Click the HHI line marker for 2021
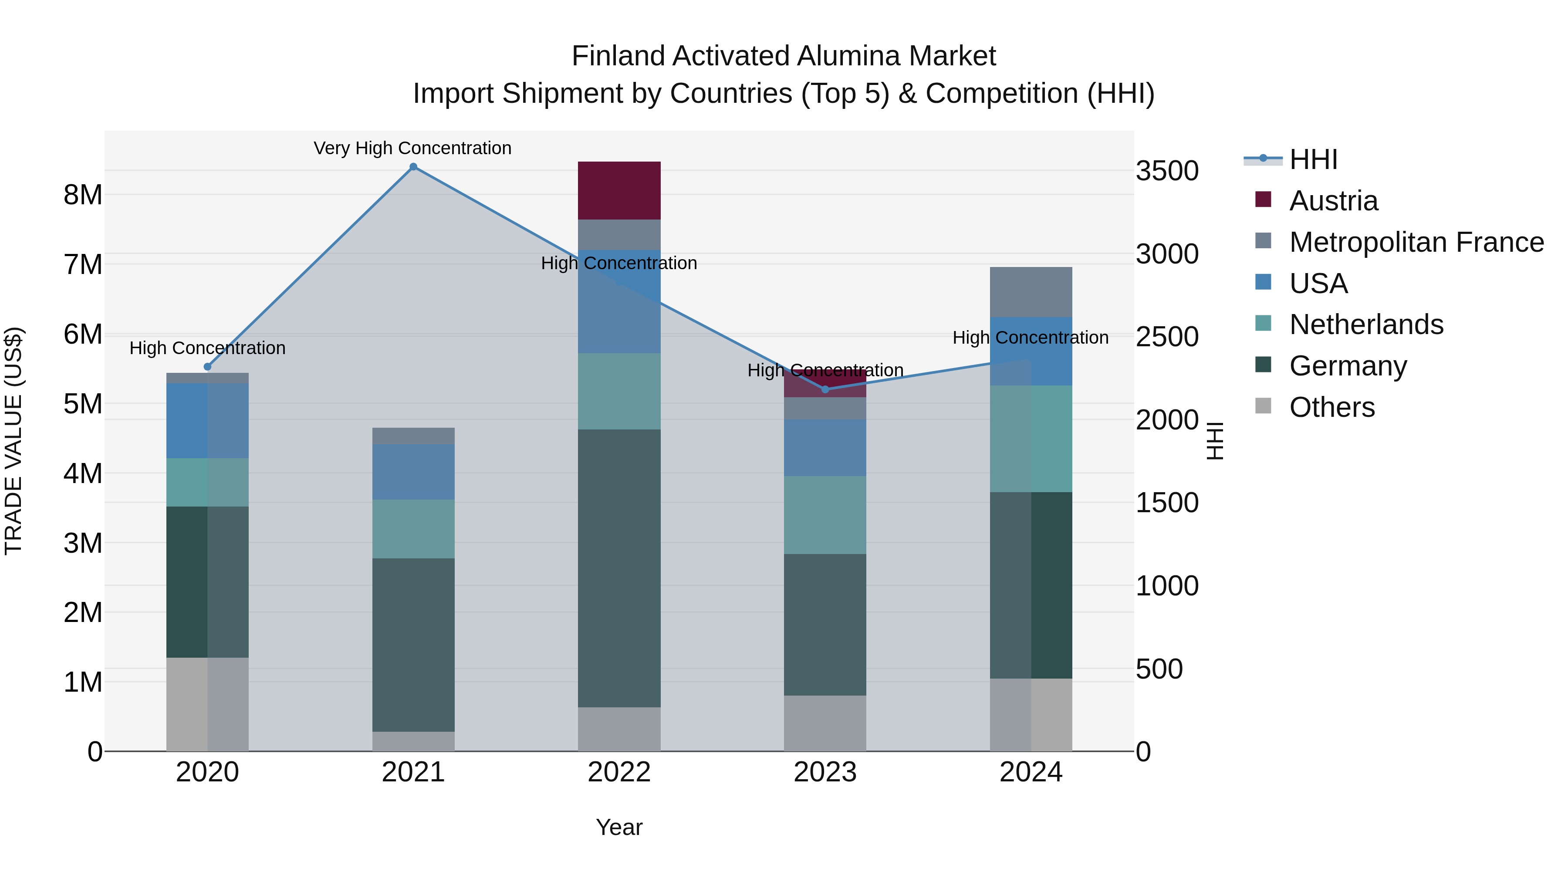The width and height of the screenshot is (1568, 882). point(413,167)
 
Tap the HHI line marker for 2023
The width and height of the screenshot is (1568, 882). point(825,389)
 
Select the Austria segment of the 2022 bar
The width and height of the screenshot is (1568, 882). point(619,190)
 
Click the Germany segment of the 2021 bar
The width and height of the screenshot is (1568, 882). point(413,645)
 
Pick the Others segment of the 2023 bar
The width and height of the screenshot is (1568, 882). point(825,723)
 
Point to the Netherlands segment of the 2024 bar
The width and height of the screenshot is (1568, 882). point(1031,438)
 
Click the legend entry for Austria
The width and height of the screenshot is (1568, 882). point(1333,201)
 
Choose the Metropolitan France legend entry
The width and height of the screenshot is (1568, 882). point(1416,242)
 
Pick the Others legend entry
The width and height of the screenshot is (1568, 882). point(1332,407)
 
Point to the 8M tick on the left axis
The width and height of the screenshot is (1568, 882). point(83,195)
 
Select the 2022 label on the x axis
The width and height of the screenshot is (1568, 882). point(619,772)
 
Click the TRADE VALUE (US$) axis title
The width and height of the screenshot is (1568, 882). point(14,441)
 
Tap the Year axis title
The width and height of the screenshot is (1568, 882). point(619,827)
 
